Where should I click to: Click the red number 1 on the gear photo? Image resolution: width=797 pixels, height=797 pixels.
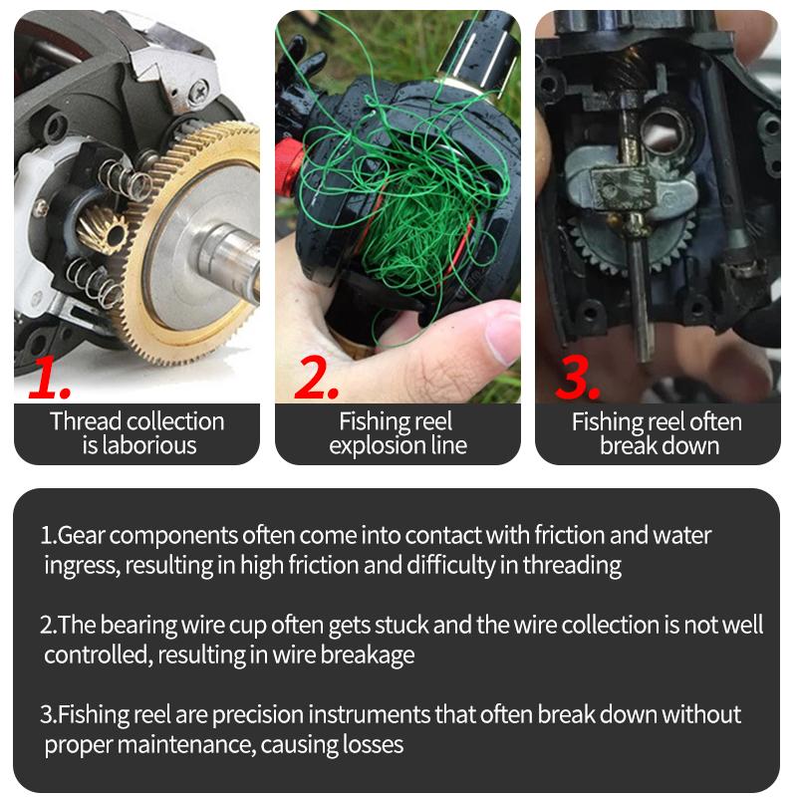coord(50,379)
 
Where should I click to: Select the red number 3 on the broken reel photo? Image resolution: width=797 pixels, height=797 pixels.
coord(578,377)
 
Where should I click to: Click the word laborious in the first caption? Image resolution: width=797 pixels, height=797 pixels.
coord(148,445)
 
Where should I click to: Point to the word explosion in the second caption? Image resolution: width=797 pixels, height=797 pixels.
coord(378,446)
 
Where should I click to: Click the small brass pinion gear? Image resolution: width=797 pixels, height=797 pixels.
coord(102,230)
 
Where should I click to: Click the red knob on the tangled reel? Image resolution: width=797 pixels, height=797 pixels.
coord(289,166)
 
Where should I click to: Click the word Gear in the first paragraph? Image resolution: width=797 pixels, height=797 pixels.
coord(81,536)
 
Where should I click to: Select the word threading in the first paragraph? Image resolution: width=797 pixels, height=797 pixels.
coord(572,566)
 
